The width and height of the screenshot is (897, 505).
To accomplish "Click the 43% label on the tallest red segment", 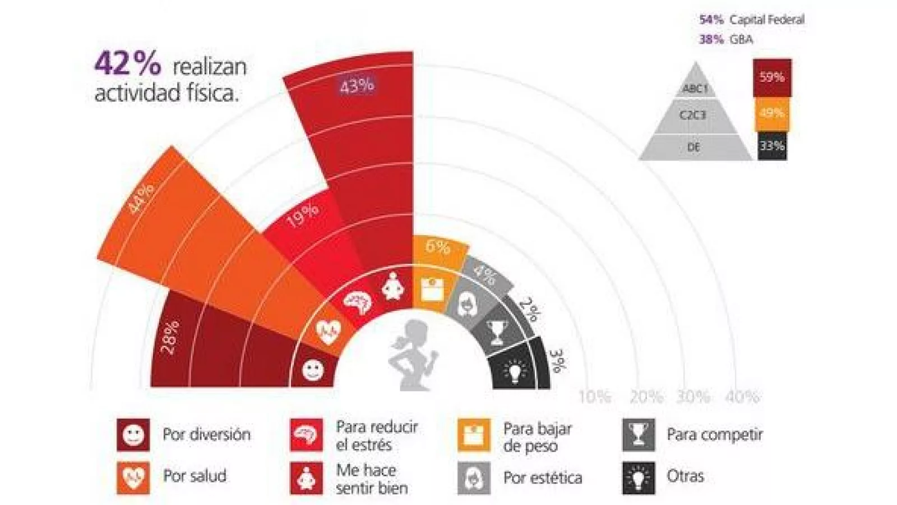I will tap(357, 86).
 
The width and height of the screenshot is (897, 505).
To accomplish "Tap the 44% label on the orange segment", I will tap(140, 198).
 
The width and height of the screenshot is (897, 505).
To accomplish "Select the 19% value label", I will tap(303, 215).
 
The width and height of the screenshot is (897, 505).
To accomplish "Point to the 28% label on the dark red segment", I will tap(170, 337).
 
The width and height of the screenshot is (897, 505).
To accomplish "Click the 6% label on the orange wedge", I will tap(437, 246).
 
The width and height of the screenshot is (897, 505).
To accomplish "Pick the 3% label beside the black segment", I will tap(558, 361).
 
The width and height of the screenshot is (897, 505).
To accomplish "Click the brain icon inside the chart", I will tap(357, 304).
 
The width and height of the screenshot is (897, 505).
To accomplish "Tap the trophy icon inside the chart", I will tap(496, 332).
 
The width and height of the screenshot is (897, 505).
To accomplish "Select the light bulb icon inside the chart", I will tap(515, 371).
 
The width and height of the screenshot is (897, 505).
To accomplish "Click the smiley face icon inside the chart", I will tap(313, 370).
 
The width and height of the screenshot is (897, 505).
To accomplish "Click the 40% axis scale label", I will tap(742, 397).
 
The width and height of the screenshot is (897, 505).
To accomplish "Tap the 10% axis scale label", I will tap(594, 397).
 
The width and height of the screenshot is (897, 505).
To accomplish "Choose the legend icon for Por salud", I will tap(133, 477).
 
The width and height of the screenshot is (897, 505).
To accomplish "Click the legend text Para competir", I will tap(714, 434).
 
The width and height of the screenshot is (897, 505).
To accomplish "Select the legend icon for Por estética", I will tap(474, 478).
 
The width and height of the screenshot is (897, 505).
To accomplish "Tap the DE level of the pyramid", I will tap(693, 148).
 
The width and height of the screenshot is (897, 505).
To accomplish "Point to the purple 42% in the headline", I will tap(128, 63).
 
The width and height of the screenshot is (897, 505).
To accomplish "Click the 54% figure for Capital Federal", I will tap(711, 20).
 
